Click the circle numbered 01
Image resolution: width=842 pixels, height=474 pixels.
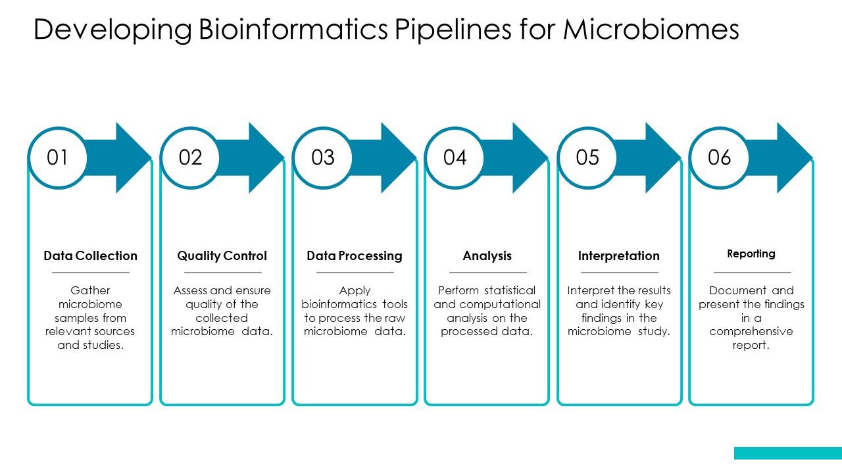pyautogui.click(x=58, y=158)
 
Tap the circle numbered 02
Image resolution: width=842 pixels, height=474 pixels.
pyautogui.click(x=190, y=158)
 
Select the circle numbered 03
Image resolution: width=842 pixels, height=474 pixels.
pyautogui.click(x=323, y=158)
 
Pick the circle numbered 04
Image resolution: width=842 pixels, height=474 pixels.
pyautogui.click(x=455, y=158)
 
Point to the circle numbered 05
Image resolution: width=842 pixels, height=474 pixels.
pyautogui.click(x=587, y=158)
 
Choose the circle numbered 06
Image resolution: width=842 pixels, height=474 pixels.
pyautogui.click(x=719, y=158)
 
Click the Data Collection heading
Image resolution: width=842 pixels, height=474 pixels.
pyautogui.click(x=90, y=255)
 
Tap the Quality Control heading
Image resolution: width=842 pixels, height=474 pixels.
pyautogui.click(x=222, y=255)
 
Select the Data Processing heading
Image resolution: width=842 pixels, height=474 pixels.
pyautogui.click(x=354, y=255)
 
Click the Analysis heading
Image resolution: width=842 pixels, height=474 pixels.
pyautogui.click(x=487, y=255)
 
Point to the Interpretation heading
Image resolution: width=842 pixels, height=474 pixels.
pyautogui.click(x=618, y=255)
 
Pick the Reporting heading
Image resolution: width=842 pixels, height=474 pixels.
pyautogui.click(x=751, y=253)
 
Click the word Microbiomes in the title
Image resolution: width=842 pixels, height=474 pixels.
pyautogui.click(x=651, y=30)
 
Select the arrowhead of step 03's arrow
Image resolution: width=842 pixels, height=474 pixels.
pyautogui.click(x=397, y=158)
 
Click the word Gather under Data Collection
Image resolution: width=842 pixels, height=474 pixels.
pyautogui.click(x=90, y=290)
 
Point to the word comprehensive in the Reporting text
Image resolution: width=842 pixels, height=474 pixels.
pyautogui.click(x=751, y=331)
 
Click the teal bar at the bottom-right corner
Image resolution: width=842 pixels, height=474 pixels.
pyautogui.click(x=787, y=453)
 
